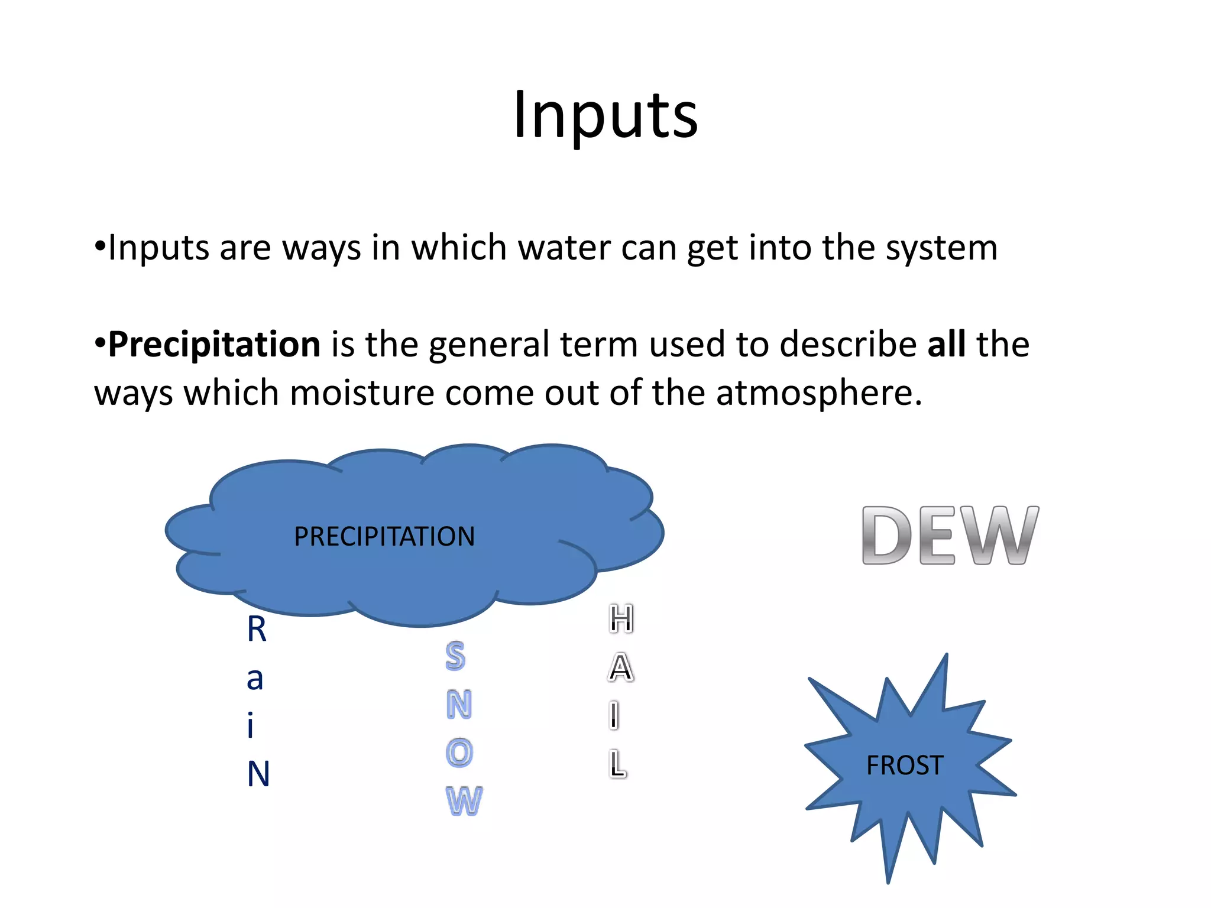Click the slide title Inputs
click(x=605, y=115)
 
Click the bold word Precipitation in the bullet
click(x=214, y=344)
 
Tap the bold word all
click(x=946, y=344)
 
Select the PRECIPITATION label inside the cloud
click(x=384, y=537)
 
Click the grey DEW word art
click(x=950, y=536)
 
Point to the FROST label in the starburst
click(x=905, y=766)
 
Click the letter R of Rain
click(x=257, y=629)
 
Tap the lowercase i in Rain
click(x=251, y=726)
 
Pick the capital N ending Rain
click(x=258, y=774)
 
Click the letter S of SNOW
click(x=455, y=656)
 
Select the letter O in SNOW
click(x=459, y=753)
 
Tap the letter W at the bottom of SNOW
click(x=464, y=802)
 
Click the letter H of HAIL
click(x=621, y=620)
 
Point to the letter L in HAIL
click(x=617, y=764)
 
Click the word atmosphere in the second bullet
click(x=818, y=393)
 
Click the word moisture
click(x=362, y=393)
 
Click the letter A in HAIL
click(x=620, y=668)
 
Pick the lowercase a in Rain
click(x=255, y=679)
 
